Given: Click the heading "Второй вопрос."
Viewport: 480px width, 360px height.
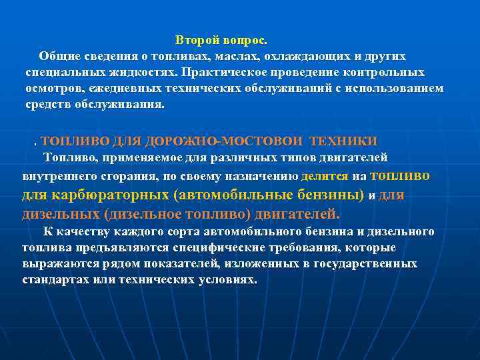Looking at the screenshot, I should (x=221, y=41).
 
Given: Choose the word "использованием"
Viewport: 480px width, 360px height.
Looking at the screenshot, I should (x=396, y=89).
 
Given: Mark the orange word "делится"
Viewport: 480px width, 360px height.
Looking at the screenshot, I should (x=325, y=177).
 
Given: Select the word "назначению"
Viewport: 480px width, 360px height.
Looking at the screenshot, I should (x=263, y=177).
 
